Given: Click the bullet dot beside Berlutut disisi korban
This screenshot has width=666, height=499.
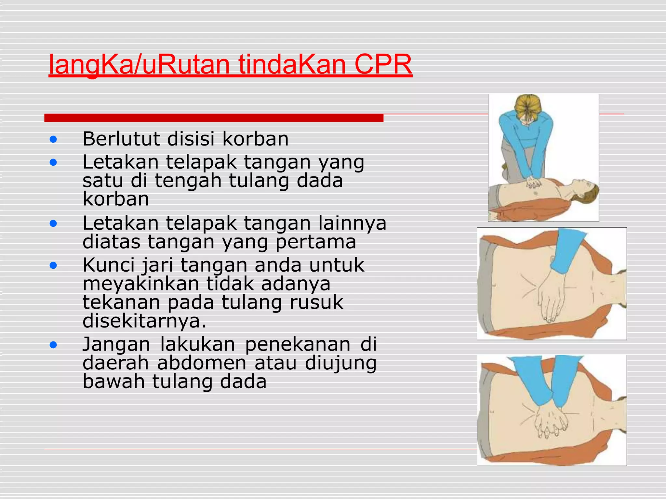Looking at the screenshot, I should tap(53, 140).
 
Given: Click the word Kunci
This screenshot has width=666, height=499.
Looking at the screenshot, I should tap(108, 265).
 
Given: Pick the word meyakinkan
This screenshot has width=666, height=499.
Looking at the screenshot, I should tap(141, 284).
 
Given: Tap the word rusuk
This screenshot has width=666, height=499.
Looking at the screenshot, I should tap(316, 302).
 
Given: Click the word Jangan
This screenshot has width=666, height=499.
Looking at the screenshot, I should tap(116, 344).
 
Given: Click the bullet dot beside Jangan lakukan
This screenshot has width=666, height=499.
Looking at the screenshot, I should tap(53, 345).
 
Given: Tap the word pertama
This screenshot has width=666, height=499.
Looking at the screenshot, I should tap(315, 242).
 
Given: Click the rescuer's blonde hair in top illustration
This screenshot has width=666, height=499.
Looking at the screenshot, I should tap(528, 107).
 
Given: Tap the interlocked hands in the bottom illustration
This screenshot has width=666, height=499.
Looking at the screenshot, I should tap(550, 421).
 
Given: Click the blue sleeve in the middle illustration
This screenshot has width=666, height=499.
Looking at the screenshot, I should tap(566, 250).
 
